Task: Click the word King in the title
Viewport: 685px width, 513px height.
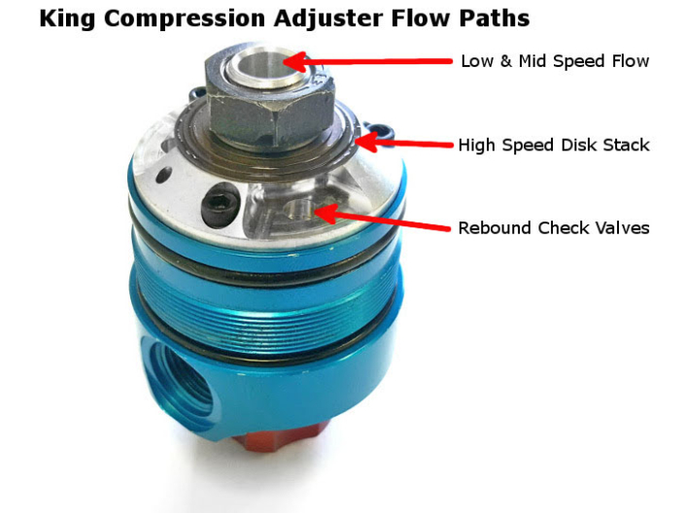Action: pos(70,18)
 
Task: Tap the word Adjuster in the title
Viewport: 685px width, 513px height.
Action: pos(308,18)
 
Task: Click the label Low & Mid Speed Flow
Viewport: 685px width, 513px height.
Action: pos(554,61)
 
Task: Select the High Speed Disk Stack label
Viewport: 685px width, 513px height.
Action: pos(554,145)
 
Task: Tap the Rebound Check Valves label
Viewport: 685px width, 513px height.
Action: pos(554,228)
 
